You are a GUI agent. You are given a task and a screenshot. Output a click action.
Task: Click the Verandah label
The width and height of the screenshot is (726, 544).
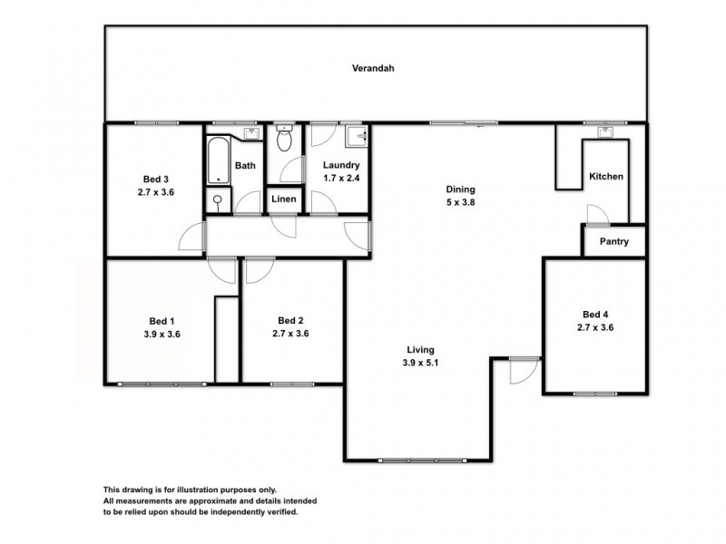(x=373, y=68)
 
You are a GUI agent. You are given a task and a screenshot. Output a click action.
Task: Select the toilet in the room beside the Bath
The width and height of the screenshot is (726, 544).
(x=283, y=141)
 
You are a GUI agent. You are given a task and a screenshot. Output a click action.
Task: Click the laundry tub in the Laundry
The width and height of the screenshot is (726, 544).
(x=360, y=139)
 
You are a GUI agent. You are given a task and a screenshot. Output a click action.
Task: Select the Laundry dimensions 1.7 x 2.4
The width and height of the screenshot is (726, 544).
(x=342, y=179)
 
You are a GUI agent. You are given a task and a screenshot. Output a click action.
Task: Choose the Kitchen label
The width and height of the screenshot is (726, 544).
(x=606, y=176)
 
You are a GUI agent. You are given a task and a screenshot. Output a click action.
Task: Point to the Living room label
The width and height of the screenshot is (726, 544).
(x=420, y=349)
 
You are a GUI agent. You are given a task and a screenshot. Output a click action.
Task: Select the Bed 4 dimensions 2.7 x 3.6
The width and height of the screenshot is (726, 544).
(x=596, y=327)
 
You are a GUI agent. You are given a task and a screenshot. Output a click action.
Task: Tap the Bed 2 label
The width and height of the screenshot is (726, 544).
(x=290, y=320)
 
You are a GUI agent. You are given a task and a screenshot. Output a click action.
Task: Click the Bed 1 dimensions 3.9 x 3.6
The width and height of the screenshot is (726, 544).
(x=162, y=334)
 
